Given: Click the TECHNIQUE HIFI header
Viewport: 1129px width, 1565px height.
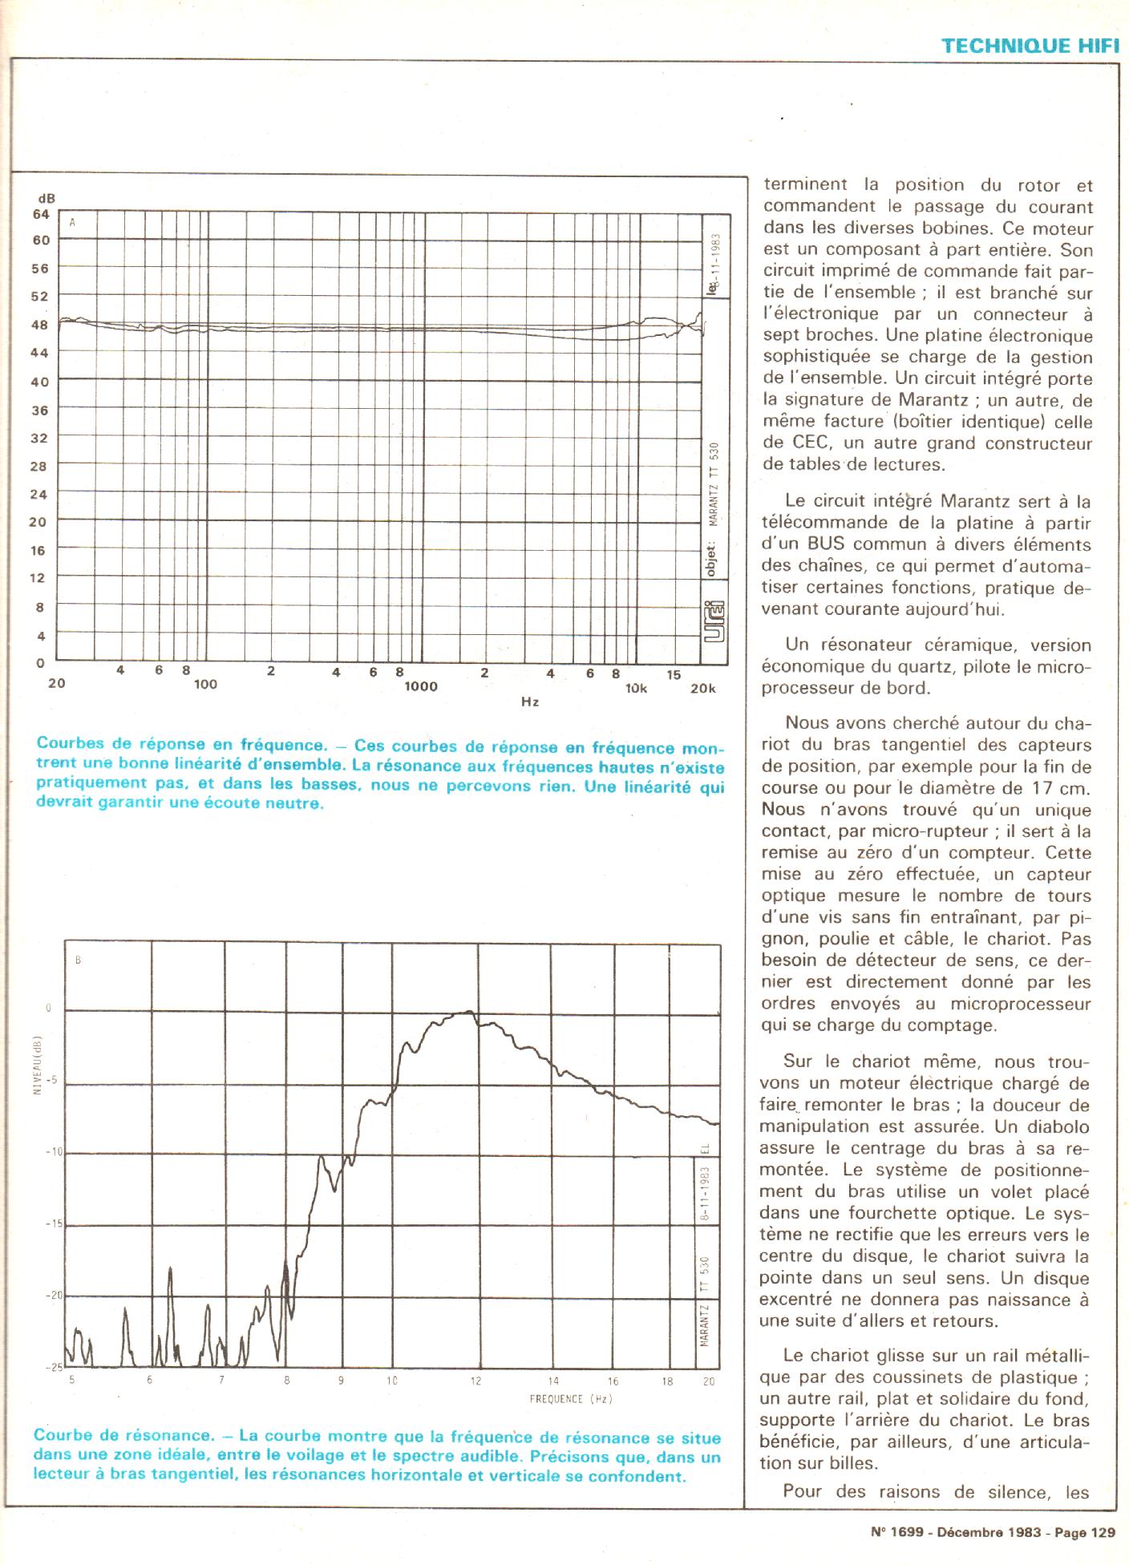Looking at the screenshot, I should [1030, 46].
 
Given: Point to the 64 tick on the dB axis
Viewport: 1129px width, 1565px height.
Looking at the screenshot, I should [41, 214].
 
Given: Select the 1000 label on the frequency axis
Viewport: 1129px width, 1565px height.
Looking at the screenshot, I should [420, 686].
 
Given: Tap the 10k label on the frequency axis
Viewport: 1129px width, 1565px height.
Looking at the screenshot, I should [636, 688].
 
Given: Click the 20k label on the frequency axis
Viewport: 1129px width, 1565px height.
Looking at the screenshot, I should [703, 688].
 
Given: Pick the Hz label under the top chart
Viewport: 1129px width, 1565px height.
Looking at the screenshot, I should [529, 702].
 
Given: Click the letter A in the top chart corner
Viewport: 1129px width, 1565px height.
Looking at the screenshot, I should [72, 223].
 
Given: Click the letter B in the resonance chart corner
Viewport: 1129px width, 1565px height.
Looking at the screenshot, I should [78, 960].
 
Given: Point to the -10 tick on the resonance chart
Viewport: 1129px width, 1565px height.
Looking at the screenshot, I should [54, 1152].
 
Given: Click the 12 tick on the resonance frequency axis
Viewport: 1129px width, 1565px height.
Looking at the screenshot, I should [476, 1381].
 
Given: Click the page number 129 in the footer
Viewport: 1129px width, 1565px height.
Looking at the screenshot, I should [1102, 1532].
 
